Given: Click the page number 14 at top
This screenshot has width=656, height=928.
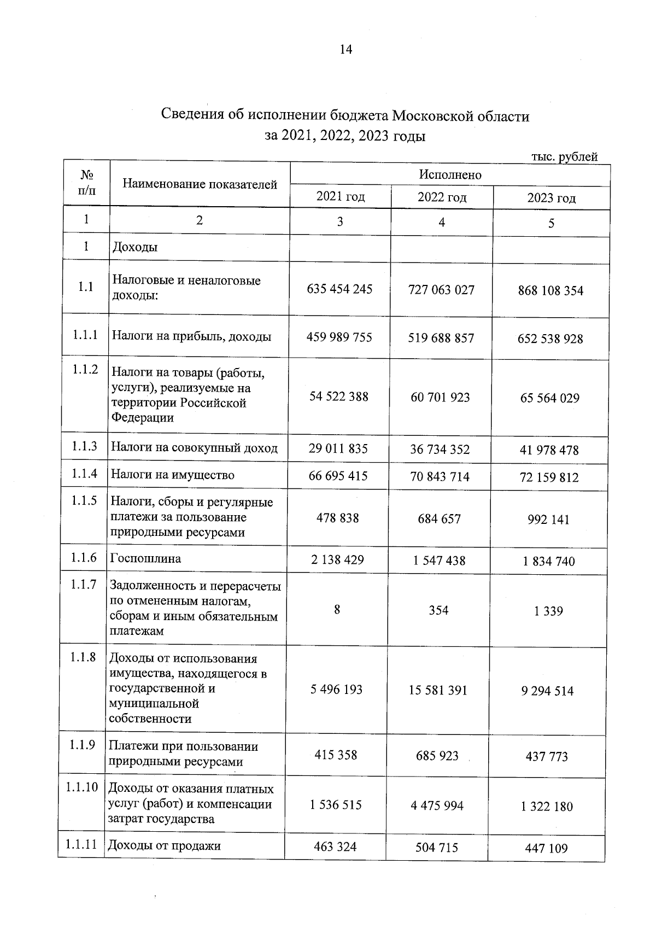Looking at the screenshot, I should click(x=346, y=50).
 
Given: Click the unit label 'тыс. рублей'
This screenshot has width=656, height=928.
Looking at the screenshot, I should click(x=564, y=157).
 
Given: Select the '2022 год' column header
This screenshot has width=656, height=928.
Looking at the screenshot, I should click(x=442, y=197).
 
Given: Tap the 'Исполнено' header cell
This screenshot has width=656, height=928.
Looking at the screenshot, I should click(x=450, y=174).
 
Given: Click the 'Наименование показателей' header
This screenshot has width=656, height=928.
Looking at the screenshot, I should click(x=200, y=184).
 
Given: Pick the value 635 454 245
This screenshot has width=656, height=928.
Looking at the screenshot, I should click(x=339, y=289).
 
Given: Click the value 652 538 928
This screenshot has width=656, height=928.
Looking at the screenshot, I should click(x=550, y=338).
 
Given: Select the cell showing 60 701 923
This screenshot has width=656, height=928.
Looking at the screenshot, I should click(x=440, y=397).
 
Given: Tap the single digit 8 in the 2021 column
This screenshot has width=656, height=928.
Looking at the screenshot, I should click(x=337, y=609).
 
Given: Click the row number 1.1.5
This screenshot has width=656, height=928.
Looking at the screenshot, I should click(x=84, y=500).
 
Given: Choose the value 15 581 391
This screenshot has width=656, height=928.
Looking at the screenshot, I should click(x=438, y=690).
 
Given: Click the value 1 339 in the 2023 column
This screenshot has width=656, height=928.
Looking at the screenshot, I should click(x=548, y=611).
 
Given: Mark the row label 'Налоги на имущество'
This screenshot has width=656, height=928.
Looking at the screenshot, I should click(x=172, y=475).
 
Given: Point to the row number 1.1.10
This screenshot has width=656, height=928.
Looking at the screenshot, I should click(x=82, y=787).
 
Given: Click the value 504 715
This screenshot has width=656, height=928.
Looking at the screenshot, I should click(x=437, y=848).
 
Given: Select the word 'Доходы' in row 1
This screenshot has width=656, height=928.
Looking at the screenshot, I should click(x=134, y=247).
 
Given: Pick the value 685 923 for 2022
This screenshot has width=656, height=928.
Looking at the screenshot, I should click(x=437, y=756).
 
